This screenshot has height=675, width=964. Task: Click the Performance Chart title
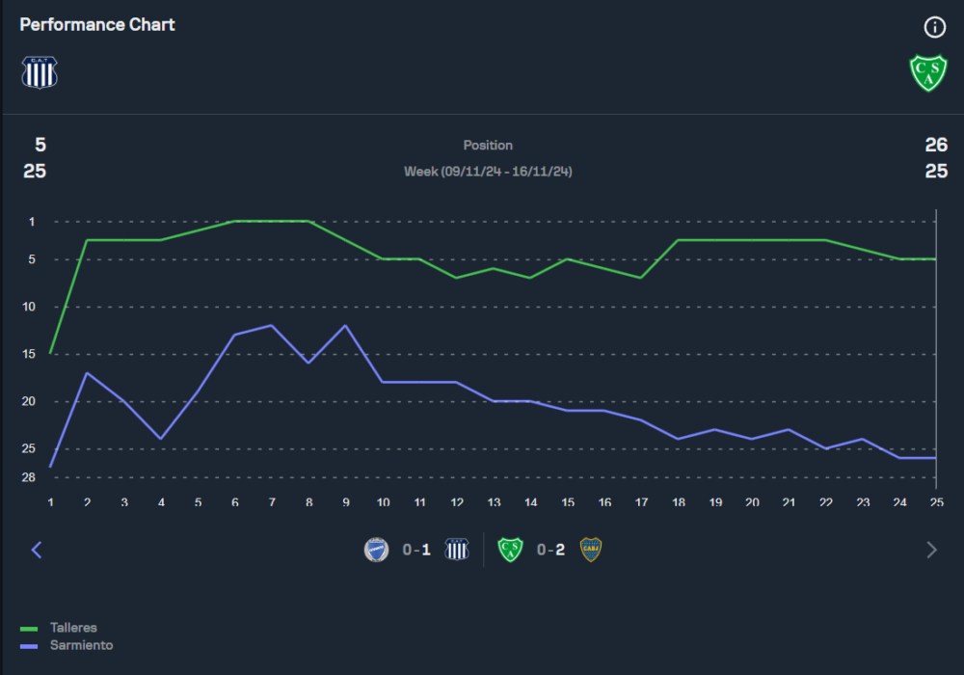[97, 25]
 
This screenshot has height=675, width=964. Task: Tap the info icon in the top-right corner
[934, 27]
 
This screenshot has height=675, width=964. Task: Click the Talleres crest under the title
[40, 72]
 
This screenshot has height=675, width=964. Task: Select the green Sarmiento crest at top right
[928, 72]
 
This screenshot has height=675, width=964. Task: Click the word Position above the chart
[488, 146]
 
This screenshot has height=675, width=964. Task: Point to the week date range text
[488, 172]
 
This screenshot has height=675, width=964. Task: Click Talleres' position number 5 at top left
[40, 146]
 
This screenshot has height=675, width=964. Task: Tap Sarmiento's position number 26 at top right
[935, 146]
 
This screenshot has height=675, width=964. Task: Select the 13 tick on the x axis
[494, 502]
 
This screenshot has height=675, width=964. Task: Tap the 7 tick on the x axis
[272, 502]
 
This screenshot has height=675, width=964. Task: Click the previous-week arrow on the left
[37, 550]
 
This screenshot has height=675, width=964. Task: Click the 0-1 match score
[416, 550]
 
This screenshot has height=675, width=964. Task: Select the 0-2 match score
[550, 550]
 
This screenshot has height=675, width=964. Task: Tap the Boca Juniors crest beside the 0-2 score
[590, 550]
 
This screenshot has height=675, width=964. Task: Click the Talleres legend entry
[73, 628]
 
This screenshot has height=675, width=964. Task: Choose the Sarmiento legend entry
[81, 645]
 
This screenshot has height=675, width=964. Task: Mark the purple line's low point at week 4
[161, 439]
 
